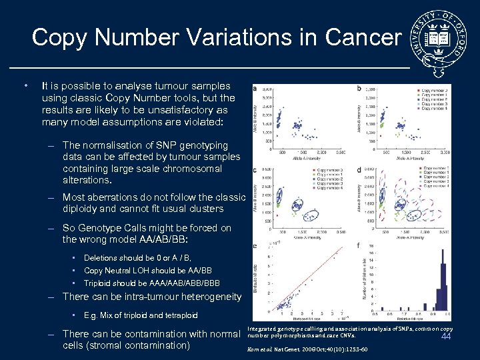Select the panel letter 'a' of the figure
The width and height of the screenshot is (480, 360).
[x=255, y=89]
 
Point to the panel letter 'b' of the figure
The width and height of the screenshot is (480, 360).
[x=359, y=89]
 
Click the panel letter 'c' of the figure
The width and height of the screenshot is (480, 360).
[x=255, y=170]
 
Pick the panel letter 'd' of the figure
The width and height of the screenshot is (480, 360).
[x=359, y=170]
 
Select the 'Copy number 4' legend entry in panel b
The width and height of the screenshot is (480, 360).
[x=433, y=109]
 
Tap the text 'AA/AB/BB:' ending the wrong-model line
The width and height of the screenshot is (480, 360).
[x=166, y=239]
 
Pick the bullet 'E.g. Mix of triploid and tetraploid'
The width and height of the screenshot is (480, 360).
[x=141, y=315]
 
